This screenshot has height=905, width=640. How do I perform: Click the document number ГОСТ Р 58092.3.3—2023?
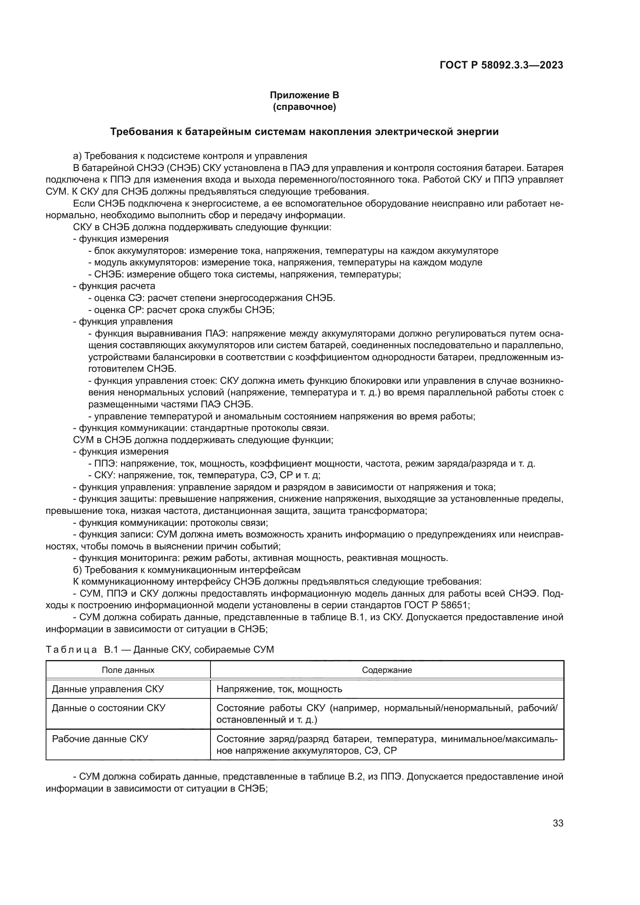[x=501, y=65]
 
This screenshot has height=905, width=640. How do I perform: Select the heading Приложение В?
[x=304, y=95]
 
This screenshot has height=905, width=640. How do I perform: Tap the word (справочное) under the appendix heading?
[x=304, y=107]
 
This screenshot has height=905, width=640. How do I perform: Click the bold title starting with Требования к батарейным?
[x=304, y=132]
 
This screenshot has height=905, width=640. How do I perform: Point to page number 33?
[x=558, y=823]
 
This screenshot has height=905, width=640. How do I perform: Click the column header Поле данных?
[x=128, y=670]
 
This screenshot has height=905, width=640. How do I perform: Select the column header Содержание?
[x=387, y=670]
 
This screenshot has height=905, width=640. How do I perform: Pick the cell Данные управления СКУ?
[x=108, y=689]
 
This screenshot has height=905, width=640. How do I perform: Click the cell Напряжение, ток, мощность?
[x=279, y=689]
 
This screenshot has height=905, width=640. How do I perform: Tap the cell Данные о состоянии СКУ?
[x=109, y=708]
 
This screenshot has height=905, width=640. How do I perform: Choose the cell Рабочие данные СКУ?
[x=100, y=739]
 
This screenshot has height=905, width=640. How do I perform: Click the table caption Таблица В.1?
[x=159, y=649]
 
